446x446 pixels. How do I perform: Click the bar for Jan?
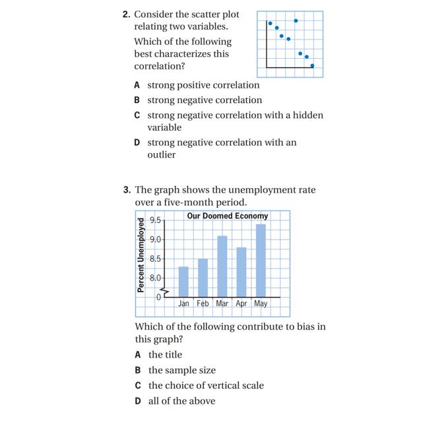pos(183,282)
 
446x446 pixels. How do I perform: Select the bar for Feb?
pos(203,278)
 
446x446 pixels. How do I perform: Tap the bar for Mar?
pos(222,267)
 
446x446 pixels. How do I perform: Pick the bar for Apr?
pos(241,272)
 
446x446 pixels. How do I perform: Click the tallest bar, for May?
pos(261,261)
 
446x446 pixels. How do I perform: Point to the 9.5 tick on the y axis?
pos(156,220)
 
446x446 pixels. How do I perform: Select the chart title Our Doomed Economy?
pos(227,216)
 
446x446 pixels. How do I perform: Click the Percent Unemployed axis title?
pos(141,254)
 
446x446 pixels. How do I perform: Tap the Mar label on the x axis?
pos(222,304)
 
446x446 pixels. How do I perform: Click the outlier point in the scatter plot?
pos(296,20)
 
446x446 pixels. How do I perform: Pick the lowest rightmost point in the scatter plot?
pos(312,65)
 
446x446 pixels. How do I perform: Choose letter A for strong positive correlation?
pos(137,85)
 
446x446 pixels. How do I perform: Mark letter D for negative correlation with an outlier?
pos(137,143)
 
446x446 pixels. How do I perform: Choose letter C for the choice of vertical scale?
pos(138,386)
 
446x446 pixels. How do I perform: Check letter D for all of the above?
pos(138,401)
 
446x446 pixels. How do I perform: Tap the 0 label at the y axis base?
pos(158,298)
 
